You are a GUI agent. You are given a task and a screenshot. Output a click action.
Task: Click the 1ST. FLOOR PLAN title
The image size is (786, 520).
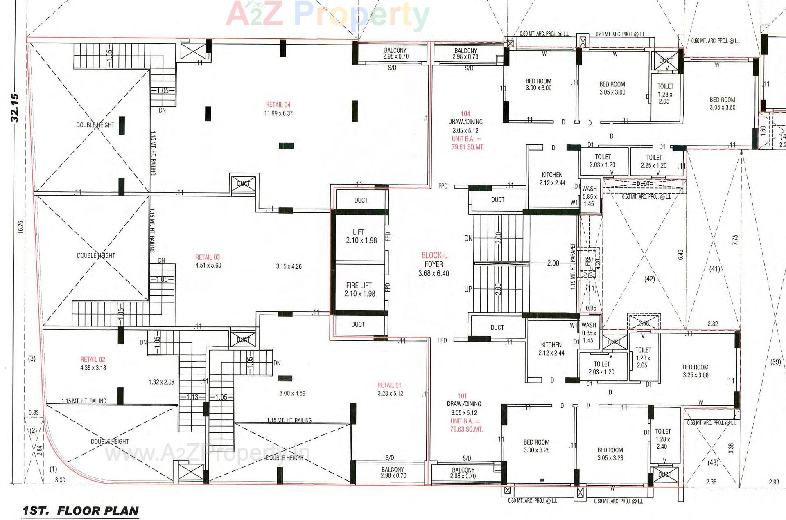click(x=81, y=511)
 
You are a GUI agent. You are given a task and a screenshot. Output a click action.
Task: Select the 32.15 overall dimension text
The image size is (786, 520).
click(x=15, y=108)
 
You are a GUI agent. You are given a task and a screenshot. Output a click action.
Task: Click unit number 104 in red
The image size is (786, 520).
click(x=465, y=113)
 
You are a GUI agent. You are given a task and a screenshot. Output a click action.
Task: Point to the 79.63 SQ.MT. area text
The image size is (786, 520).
click(x=466, y=429)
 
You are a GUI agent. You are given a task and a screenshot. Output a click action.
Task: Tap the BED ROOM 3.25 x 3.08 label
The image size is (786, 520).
click(x=695, y=371)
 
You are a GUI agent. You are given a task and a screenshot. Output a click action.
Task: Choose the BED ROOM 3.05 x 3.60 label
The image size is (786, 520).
click(x=722, y=104)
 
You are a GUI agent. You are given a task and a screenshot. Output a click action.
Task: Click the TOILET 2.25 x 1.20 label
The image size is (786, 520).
click(x=654, y=161)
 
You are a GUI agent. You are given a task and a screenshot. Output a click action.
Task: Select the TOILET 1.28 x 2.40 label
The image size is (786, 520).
click(x=662, y=439)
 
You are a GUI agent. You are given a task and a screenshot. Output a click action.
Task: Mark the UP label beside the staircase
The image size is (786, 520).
click(x=468, y=289)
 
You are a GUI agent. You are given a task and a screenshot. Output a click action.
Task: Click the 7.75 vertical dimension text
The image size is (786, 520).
click(x=735, y=240)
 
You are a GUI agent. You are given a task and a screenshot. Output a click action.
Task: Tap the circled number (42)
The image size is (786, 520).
click(x=650, y=279)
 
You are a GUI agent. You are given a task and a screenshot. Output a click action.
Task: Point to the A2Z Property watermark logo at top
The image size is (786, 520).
click(x=327, y=14)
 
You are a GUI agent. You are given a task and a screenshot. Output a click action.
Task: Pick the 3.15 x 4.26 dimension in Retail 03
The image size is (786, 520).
click(x=289, y=266)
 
